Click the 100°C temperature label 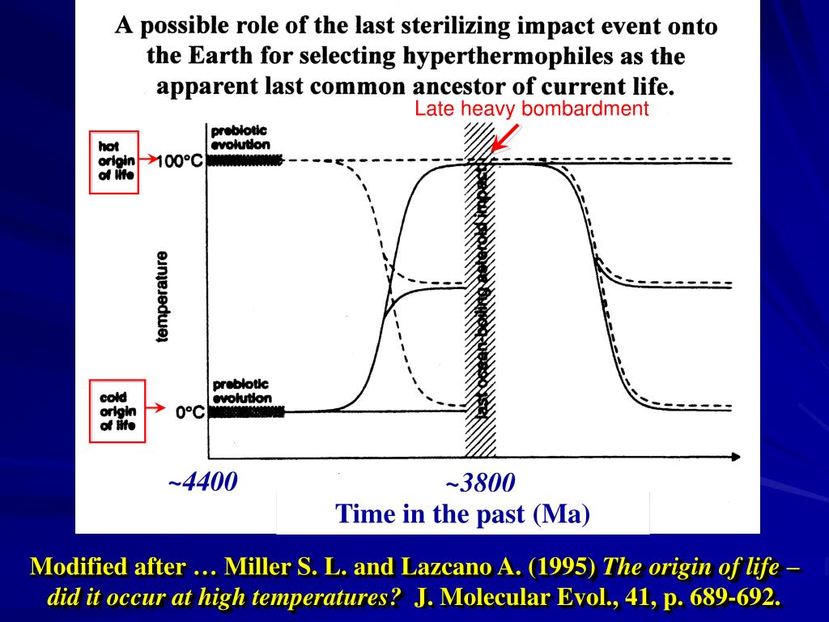(179, 161)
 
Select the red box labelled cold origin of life (117, 412)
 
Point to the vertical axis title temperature (163, 296)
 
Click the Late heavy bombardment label (532, 109)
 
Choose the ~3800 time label (480, 484)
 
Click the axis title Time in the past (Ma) (463, 513)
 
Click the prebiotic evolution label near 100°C (240, 137)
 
